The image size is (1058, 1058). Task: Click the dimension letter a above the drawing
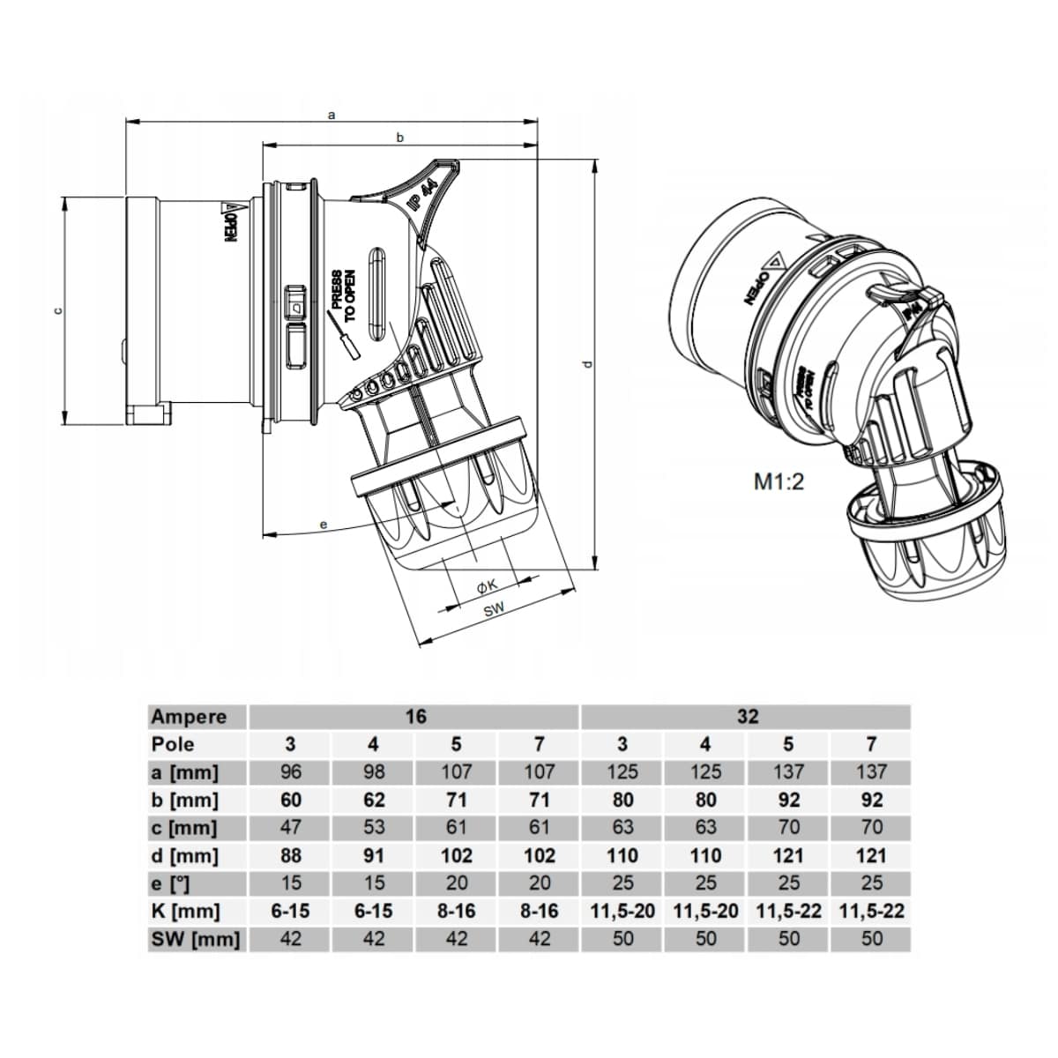tap(332, 114)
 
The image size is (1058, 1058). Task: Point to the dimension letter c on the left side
tap(58, 309)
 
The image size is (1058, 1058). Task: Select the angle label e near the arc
tap(324, 525)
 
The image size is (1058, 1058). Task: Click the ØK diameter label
tap(488, 585)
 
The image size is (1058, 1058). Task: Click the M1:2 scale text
tap(779, 482)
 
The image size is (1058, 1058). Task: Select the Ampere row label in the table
tap(189, 717)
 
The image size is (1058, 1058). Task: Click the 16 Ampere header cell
tap(414, 717)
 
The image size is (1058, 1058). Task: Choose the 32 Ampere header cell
tap(747, 717)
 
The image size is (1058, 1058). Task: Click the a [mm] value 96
tap(290, 772)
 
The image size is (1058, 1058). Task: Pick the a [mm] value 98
tap(373, 772)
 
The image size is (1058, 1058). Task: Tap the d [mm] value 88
tap(290, 855)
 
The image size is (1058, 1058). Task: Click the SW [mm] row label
tap(194, 939)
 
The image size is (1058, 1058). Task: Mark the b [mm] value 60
tap(290, 801)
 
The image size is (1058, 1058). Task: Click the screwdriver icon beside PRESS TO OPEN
tap(346, 339)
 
